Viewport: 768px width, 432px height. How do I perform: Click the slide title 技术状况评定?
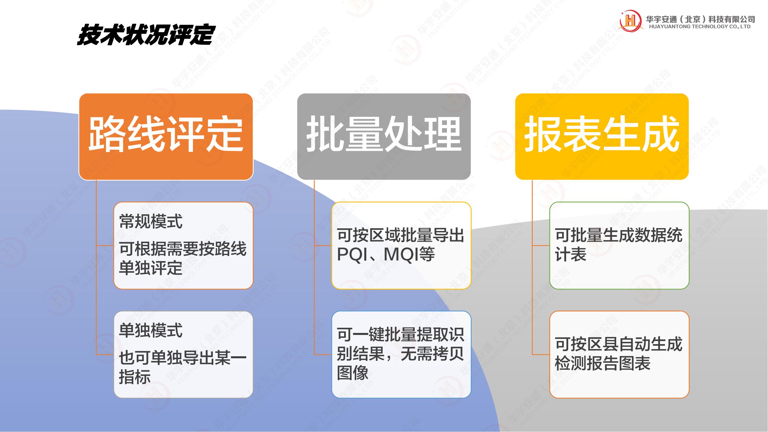[146, 35]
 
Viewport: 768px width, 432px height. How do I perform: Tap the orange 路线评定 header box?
[166, 137]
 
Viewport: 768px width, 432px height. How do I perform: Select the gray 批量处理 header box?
[384, 137]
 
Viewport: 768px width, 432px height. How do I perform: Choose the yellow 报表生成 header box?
[602, 137]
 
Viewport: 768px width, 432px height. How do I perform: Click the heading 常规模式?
[151, 221]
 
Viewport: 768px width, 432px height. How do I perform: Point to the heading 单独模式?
[151, 330]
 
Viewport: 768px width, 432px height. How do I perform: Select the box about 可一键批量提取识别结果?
[401, 355]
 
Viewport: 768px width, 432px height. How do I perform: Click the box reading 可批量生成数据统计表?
[619, 245]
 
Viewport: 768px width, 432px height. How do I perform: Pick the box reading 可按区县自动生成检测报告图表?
[619, 355]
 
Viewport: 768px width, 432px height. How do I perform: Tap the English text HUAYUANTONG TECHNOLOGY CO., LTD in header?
[700, 26]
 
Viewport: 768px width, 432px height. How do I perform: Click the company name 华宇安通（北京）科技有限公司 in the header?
[700, 19]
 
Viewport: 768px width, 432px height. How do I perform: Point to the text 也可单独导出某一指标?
[183, 367]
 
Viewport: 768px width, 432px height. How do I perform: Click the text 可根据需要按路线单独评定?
[183, 258]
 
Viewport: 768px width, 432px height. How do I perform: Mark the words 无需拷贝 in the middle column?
[432, 354]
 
